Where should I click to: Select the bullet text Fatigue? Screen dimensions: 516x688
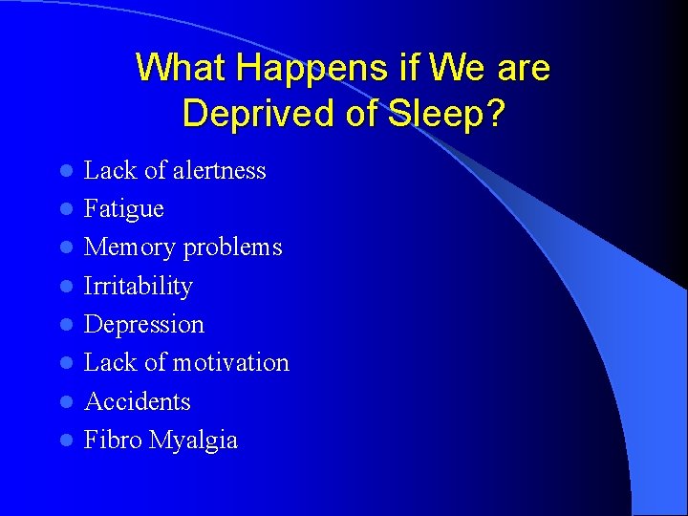124,209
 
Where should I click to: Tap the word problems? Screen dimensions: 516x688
232,247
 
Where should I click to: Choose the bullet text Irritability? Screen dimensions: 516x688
139,286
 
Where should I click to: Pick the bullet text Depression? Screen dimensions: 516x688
144,324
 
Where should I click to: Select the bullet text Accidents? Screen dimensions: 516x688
138,401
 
